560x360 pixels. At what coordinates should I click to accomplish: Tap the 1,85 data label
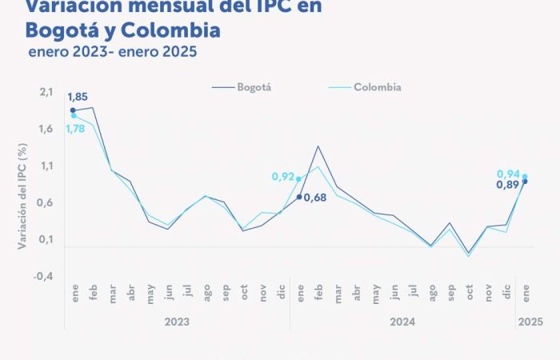78,97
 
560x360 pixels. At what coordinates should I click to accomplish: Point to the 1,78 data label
75,130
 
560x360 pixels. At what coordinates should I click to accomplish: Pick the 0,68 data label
317,197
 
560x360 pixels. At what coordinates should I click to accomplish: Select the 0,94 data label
508,174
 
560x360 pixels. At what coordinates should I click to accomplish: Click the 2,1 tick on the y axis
45,93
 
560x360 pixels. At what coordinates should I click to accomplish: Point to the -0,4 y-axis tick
43,276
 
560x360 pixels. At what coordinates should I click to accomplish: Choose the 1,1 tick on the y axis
45,166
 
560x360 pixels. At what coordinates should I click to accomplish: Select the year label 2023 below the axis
178,322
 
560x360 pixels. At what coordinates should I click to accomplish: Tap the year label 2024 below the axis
401,322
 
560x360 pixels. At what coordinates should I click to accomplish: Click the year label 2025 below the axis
530,322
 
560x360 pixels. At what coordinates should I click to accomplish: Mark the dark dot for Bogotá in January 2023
73,110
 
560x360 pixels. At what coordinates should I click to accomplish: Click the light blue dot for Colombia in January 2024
298,179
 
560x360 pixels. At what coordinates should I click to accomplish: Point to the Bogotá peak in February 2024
318,146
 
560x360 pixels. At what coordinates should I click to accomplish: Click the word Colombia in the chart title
169,31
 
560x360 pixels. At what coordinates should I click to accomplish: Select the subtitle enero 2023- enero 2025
111,53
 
